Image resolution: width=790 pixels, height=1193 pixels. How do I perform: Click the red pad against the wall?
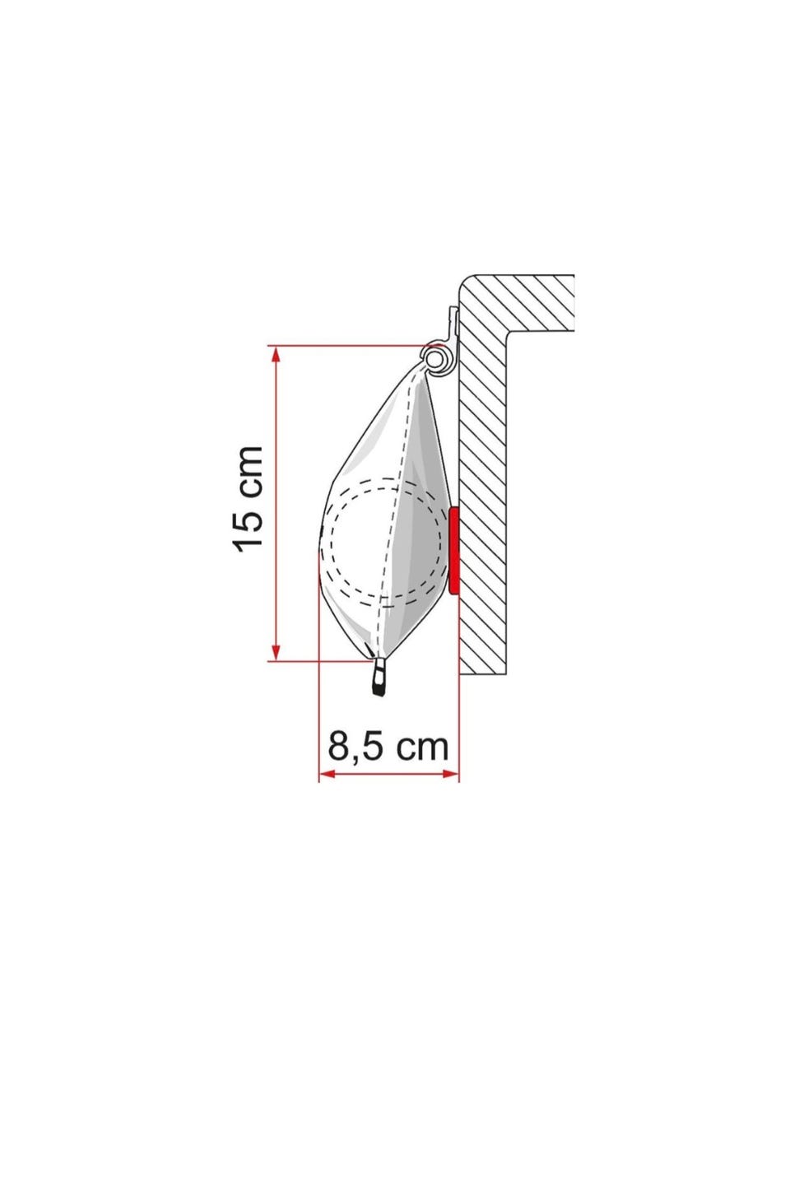(454, 551)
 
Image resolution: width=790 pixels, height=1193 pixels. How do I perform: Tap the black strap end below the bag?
(379, 678)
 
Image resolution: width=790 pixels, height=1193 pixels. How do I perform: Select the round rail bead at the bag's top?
(434, 360)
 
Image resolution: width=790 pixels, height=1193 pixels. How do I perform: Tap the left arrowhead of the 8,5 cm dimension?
(327, 774)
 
